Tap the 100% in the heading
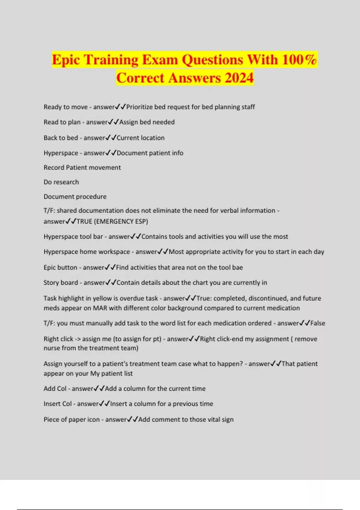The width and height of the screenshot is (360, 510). [299, 59]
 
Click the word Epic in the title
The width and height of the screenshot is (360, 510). [66, 59]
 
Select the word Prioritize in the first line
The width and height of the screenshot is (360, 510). [139, 107]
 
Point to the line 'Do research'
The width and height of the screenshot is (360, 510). [61, 182]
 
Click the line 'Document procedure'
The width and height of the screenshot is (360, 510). [75, 197]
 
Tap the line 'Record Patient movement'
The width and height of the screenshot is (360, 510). [82, 167]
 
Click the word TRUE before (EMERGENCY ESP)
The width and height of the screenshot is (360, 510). [84, 221]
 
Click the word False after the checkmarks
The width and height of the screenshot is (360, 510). [318, 323]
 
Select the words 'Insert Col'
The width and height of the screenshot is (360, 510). [58, 404]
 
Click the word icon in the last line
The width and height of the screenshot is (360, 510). [93, 420]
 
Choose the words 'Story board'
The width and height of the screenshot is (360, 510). [61, 283]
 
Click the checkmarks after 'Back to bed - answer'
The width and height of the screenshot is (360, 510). [111, 138]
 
